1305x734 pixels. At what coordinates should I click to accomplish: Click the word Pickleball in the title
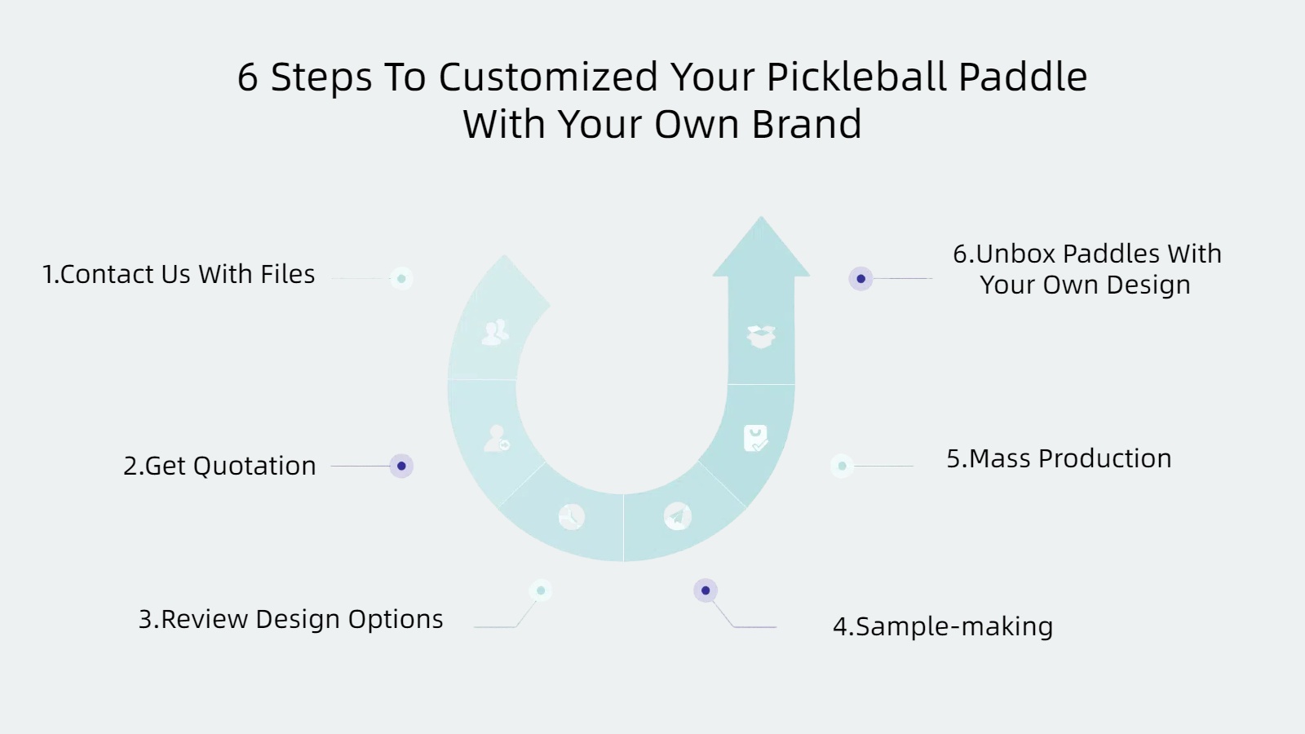tap(856, 77)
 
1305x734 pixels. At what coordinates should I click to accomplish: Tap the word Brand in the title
tap(807, 124)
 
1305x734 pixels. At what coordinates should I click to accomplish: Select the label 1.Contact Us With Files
tap(179, 274)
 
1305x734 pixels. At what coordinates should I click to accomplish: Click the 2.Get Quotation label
tap(219, 466)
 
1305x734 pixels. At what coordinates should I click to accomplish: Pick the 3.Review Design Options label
tap(290, 619)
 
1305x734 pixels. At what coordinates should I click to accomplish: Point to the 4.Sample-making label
tap(943, 627)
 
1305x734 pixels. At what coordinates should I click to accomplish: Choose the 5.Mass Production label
tap(1059, 458)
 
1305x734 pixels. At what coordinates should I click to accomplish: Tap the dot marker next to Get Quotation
tap(401, 466)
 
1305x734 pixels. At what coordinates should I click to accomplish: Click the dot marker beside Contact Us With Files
tap(401, 278)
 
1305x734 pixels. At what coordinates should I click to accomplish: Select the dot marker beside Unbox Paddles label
tap(860, 278)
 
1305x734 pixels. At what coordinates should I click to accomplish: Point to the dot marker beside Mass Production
tap(842, 466)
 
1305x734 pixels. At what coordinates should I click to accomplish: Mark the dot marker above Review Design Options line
tap(541, 590)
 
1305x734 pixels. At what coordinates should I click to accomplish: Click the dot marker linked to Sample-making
tap(706, 590)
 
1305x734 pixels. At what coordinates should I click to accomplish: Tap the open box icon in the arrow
tap(761, 337)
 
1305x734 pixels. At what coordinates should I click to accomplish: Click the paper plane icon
tap(677, 517)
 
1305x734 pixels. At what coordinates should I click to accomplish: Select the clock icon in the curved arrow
tap(572, 517)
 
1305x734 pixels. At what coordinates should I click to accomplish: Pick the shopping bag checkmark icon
tap(755, 438)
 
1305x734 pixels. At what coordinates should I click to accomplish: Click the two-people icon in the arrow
tap(495, 332)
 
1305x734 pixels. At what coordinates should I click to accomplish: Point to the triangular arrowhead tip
tap(761, 217)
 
